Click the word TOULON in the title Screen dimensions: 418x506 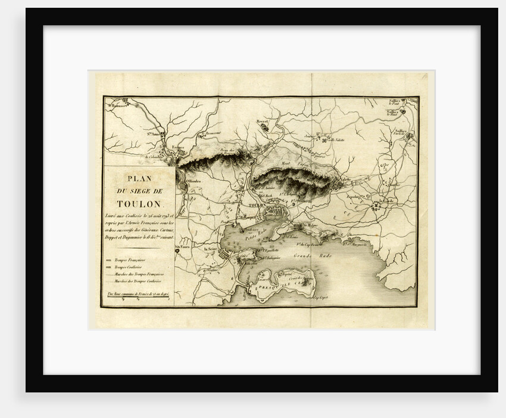[139, 202]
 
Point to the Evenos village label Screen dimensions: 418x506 [178, 146]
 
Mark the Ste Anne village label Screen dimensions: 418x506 [153, 134]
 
